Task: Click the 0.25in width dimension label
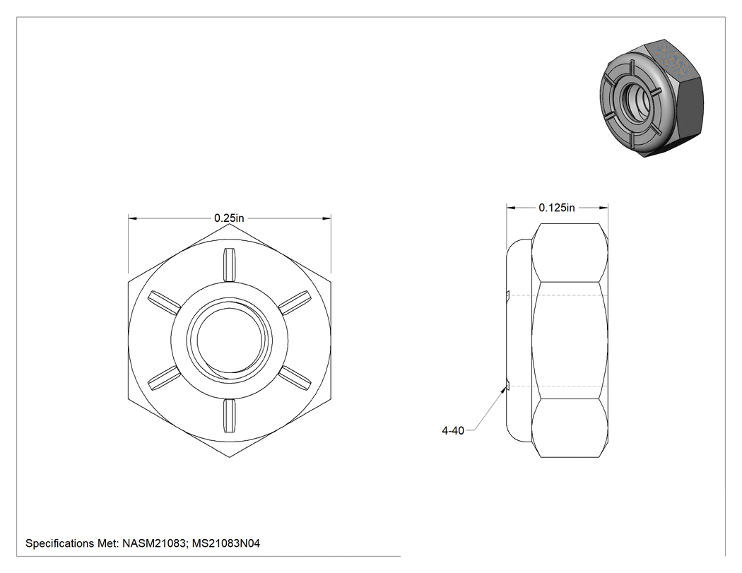click(x=229, y=218)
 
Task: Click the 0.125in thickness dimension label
click(x=557, y=208)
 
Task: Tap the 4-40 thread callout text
click(x=453, y=430)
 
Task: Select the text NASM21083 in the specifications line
click(x=154, y=543)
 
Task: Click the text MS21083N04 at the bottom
click(x=225, y=543)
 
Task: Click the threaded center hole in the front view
click(x=230, y=341)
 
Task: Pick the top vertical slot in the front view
click(x=230, y=264)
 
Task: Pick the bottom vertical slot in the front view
click(x=230, y=416)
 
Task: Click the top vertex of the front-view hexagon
click(x=230, y=224)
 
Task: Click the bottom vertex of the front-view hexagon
click(x=230, y=458)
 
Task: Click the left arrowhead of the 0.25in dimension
click(x=133, y=218)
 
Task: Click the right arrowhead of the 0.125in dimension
click(x=603, y=208)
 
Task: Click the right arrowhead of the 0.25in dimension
click(x=326, y=218)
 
